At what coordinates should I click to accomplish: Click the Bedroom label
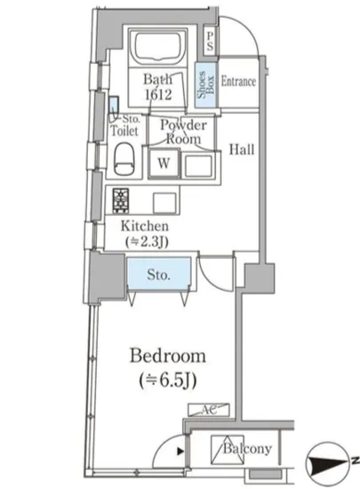coord(168,356)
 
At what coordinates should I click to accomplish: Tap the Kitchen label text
coord(145,226)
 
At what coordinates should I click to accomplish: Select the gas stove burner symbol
coord(121,200)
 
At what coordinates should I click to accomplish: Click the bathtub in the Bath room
coord(157,48)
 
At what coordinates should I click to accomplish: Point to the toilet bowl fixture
coord(124,159)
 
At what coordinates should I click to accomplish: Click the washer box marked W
coord(164,164)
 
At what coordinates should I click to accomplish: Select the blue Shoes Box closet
coord(205,84)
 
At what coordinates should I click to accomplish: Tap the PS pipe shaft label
coord(210,41)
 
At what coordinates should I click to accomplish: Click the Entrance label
coord(238,82)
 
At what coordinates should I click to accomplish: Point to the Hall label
coord(242,149)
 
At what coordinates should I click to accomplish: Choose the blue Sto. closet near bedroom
coord(158,274)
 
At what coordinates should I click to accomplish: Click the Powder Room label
coord(184,132)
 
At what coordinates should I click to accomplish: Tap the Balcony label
coord(247,449)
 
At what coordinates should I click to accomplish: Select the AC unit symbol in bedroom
coord(209,410)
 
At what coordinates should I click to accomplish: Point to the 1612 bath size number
coord(158,94)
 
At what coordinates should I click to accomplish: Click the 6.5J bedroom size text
coord(168,381)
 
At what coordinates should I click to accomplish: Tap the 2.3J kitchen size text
coord(147,242)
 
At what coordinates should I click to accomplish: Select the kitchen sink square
coord(164,203)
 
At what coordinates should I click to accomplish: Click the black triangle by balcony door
coord(180,452)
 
